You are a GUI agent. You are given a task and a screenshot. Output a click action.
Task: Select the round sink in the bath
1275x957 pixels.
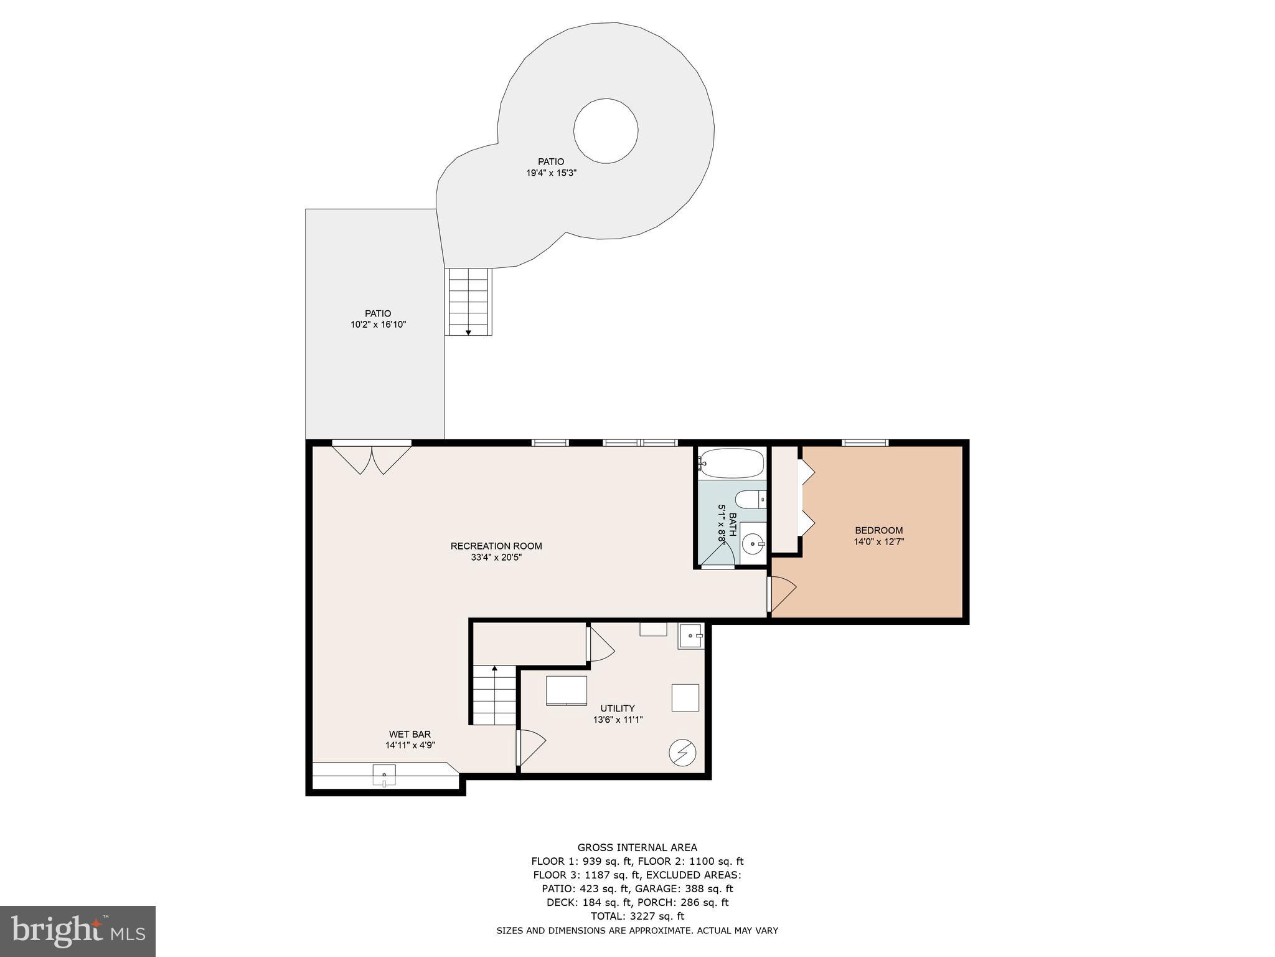[x=754, y=544]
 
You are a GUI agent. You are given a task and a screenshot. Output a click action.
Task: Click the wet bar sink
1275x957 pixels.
[x=384, y=776]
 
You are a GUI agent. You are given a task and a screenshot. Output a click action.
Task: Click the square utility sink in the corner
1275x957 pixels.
[x=692, y=636]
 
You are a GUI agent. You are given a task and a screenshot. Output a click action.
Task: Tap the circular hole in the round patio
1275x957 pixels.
[x=606, y=131]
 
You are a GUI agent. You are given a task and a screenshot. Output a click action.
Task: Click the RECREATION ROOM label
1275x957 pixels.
[x=496, y=546]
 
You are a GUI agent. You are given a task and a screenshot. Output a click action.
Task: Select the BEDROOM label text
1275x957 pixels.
[x=878, y=531]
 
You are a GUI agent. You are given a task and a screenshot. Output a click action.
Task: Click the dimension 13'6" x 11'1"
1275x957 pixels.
[x=618, y=720]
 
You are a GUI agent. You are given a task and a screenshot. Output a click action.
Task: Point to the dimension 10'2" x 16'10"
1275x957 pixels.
[x=378, y=325]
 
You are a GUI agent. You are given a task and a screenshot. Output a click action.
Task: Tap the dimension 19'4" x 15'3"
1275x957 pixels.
[x=552, y=173]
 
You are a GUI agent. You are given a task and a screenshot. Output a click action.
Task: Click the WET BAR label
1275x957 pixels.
[x=410, y=734]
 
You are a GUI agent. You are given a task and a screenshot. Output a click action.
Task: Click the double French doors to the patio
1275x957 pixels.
[x=372, y=458]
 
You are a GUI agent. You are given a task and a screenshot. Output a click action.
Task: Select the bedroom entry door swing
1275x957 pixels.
[x=782, y=594]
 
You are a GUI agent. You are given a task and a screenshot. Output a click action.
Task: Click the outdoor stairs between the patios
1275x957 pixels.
[x=469, y=302]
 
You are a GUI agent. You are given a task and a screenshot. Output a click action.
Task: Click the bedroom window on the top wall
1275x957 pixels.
[x=865, y=443]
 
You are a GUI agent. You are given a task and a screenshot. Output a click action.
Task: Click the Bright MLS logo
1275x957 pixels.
[x=78, y=931]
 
